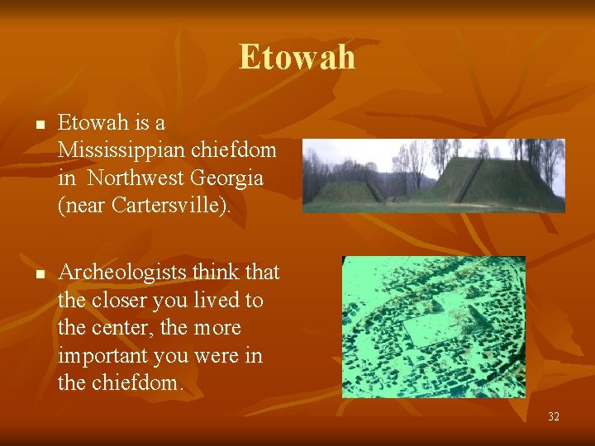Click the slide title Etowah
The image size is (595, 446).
pyautogui.click(x=297, y=57)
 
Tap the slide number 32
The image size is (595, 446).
pyautogui.click(x=553, y=416)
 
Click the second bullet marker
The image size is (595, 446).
pyautogui.click(x=39, y=273)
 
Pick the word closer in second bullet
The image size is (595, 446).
pyautogui.click(x=120, y=300)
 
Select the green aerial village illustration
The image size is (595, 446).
pyautogui.click(x=434, y=326)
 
